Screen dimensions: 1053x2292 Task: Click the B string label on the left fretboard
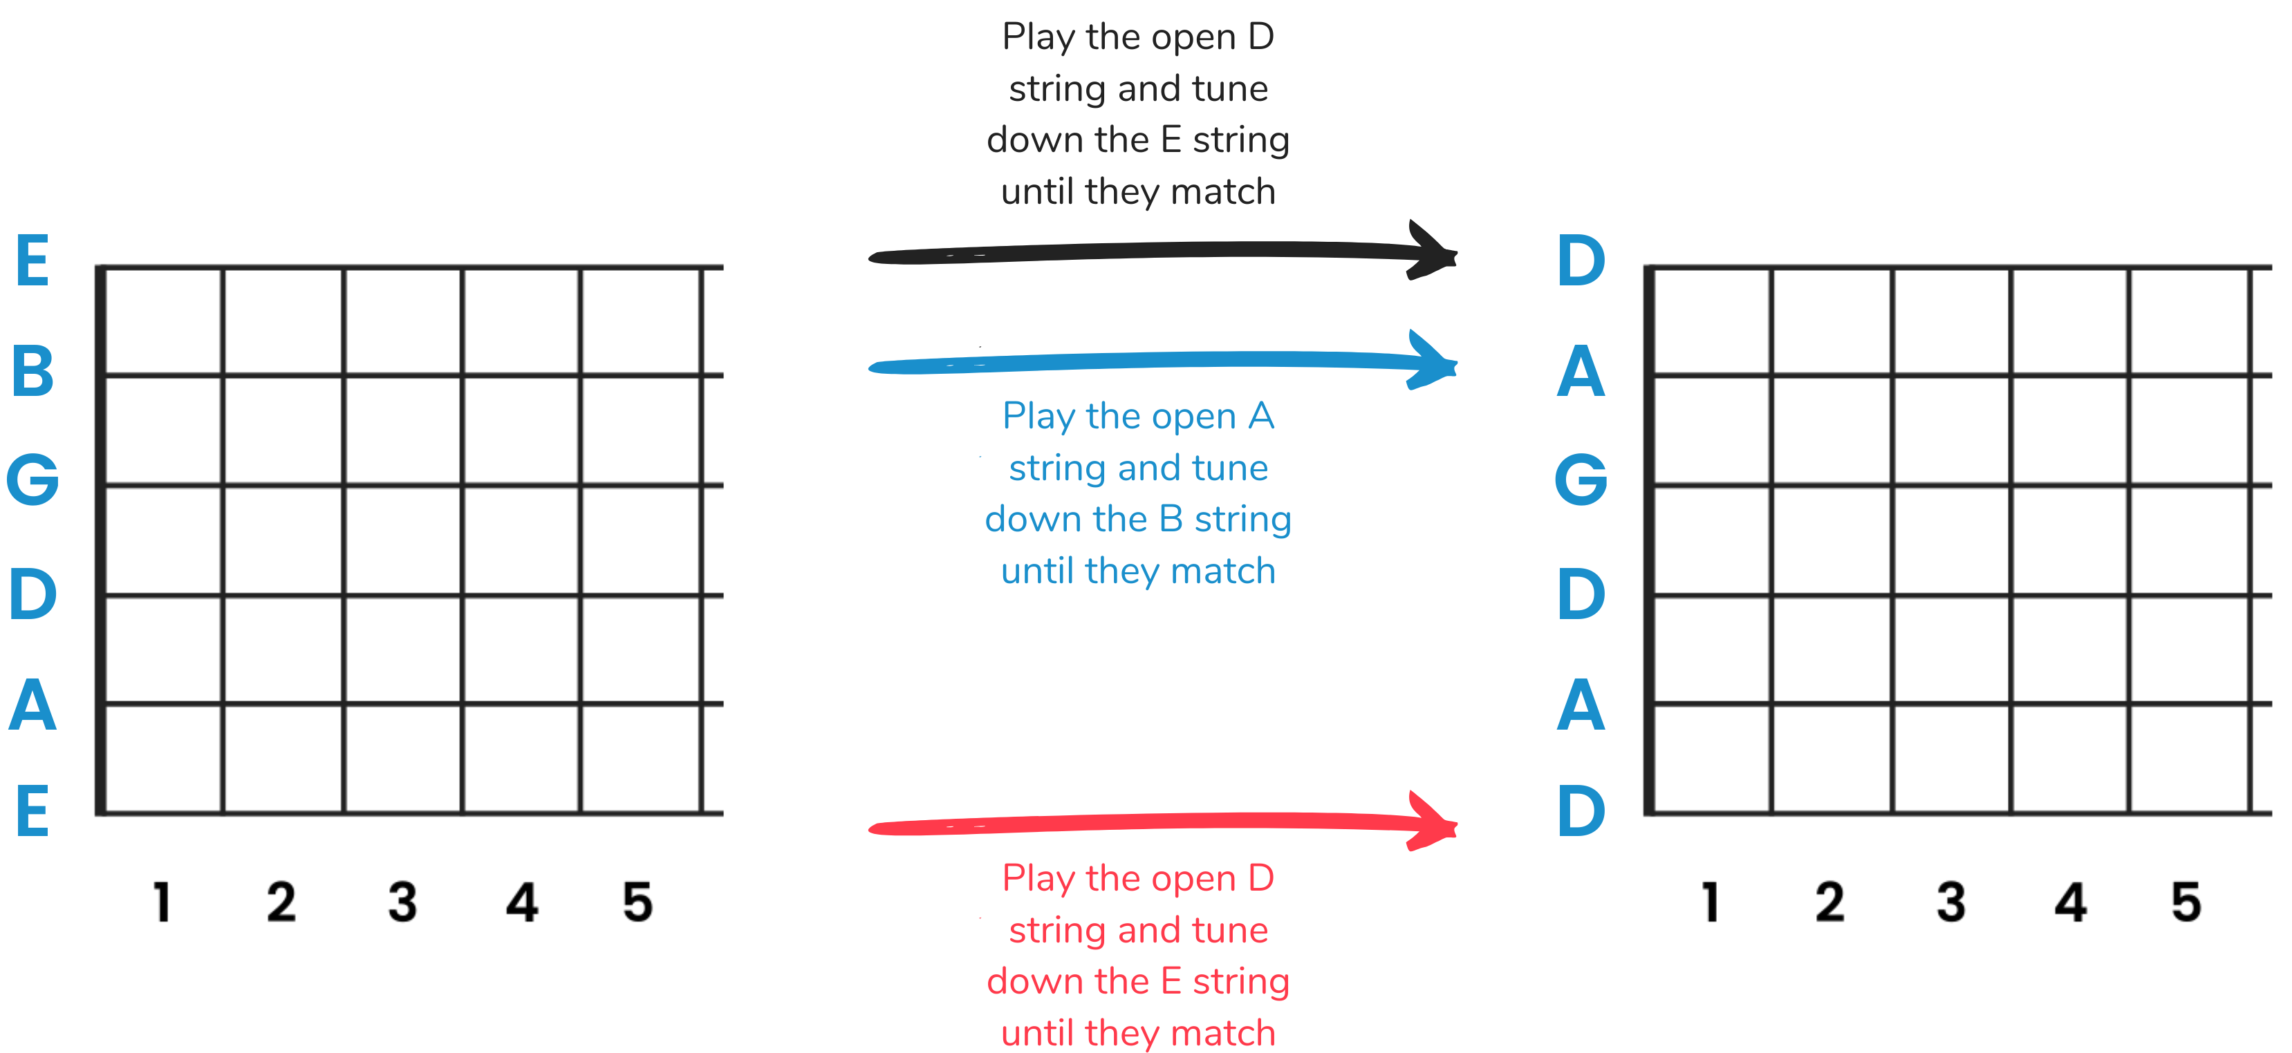click(x=33, y=371)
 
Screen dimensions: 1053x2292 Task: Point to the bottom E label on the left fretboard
click(x=33, y=811)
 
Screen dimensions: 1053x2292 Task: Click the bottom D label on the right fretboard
click(x=1581, y=811)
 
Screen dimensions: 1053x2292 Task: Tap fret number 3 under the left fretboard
click(x=402, y=902)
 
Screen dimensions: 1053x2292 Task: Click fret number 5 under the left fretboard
click(x=638, y=902)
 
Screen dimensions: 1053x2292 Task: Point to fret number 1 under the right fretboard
click(x=1710, y=902)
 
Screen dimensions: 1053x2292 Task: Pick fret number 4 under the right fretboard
click(x=2071, y=902)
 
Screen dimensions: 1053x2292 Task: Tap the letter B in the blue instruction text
click(x=1171, y=520)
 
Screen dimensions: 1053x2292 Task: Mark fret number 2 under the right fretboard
click(x=1830, y=902)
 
